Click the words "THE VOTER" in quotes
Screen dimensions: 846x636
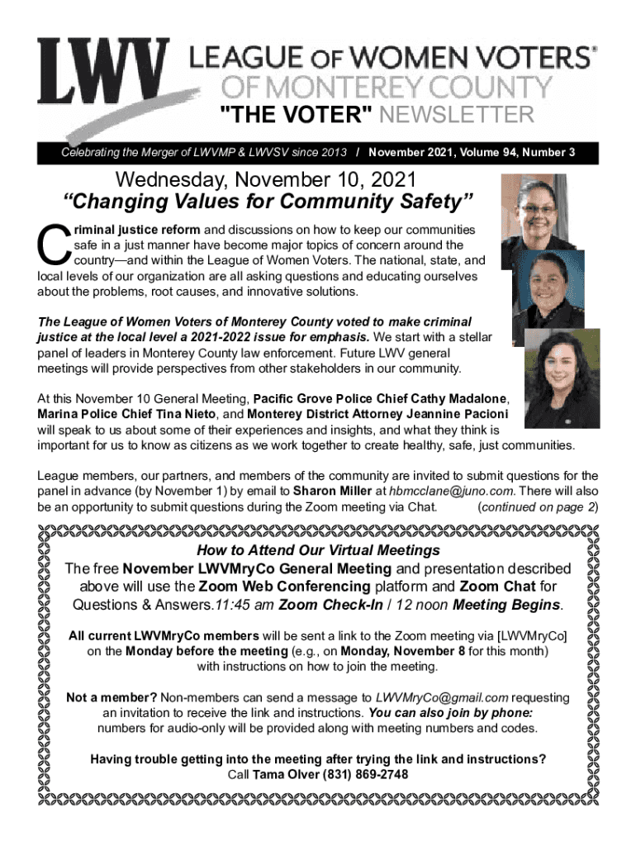coord(288,114)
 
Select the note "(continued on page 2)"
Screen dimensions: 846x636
coord(538,506)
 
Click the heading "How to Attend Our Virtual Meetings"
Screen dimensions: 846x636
coord(318,550)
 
